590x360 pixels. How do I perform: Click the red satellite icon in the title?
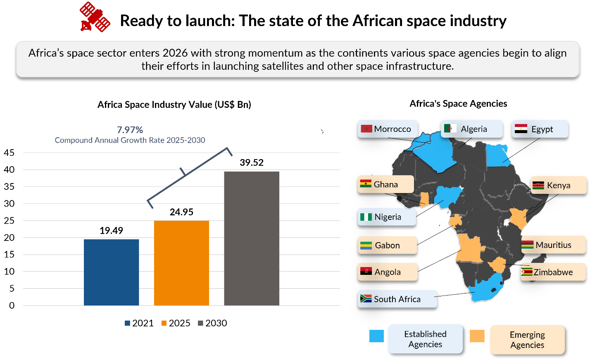tap(95, 17)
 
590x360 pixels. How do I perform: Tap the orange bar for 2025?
tap(181, 263)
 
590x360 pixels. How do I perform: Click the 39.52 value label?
tap(252, 162)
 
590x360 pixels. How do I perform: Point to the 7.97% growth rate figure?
tap(130, 130)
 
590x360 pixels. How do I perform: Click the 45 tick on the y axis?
tap(9, 153)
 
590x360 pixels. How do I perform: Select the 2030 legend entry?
tap(212, 323)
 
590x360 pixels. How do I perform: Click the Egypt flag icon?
tap(521, 129)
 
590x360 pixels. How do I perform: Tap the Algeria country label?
tap(474, 129)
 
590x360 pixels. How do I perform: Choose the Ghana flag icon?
tap(366, 184)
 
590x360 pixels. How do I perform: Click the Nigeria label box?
tap(387, 217)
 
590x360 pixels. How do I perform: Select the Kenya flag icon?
tap(538, 185)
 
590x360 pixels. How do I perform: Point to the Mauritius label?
tap(553, 245)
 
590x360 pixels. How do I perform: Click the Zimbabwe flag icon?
tap(526, 272)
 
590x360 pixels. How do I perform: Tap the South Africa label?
tap(397, 299)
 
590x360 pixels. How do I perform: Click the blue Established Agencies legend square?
tap(376, 336)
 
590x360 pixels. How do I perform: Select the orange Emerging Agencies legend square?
tap(477, 336)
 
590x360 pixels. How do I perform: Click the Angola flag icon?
tap(366, 272)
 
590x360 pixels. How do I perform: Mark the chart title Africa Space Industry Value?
tap(174, 105)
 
